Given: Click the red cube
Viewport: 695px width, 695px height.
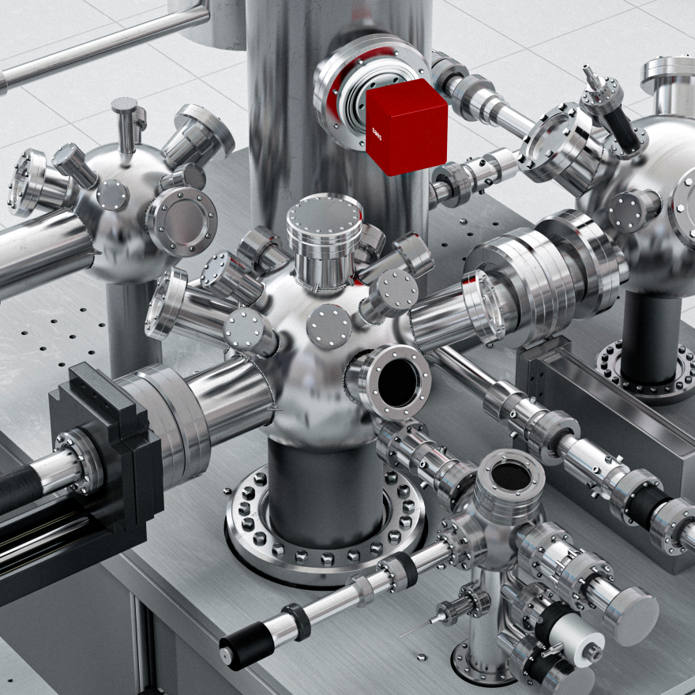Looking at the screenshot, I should (x=407, y=126).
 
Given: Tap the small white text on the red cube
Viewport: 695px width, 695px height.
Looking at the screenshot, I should (x=378, y=130).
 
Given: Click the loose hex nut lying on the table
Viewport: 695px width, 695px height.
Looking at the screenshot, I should (x=422, y=656).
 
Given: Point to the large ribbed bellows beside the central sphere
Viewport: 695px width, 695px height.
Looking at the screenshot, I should (x=545, y=276).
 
